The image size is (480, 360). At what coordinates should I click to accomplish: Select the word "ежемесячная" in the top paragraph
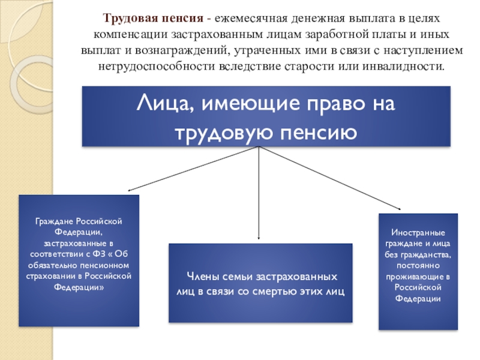click(x=253, y=18)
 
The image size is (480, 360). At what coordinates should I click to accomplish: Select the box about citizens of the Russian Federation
click(x=79, y=260)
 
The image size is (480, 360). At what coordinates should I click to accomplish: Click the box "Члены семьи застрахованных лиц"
click(x=260, y=283)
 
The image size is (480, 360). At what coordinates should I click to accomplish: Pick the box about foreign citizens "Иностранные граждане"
click(x=418, y=271)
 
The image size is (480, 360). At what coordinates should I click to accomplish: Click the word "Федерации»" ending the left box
click(x=79, y=287)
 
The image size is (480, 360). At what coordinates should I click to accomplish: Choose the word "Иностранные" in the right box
click(x=418, y=232)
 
